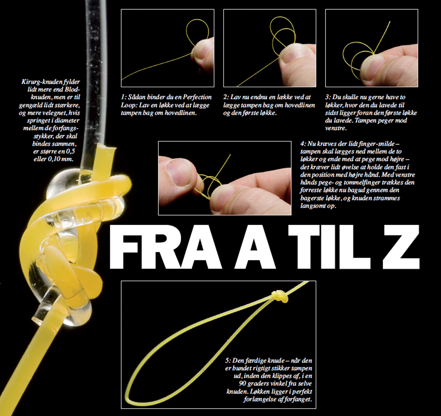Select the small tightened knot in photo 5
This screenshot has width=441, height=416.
(280, 297)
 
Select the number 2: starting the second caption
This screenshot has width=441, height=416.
(226, 97)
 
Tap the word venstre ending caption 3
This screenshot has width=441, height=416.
(336, 129)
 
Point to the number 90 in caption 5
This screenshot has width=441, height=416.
(243, 384)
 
